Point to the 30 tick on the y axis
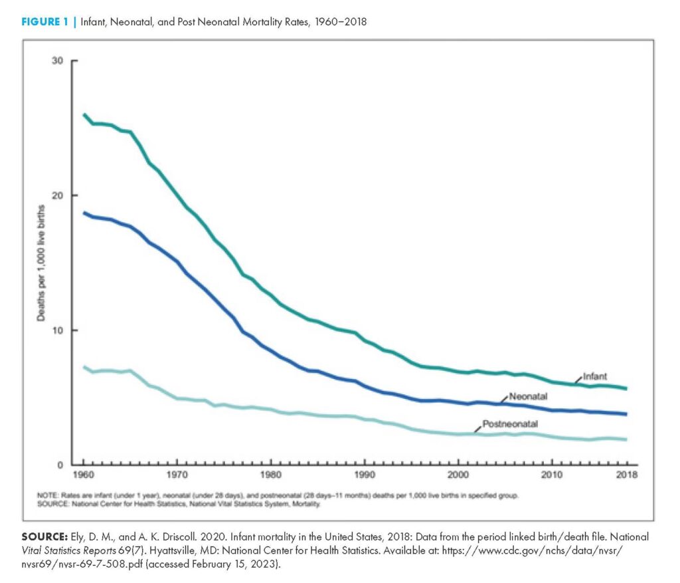point(58,60)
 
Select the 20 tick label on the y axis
point(58,195)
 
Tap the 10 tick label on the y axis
point(58,330)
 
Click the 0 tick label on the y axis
point(60,465)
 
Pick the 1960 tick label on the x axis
point(84,475)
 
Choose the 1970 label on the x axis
point(177,475)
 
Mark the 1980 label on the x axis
point(270,475)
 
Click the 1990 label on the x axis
point(364,475)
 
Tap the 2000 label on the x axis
point(458,475)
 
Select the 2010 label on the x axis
point(551,475)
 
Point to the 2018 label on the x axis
point(626,475)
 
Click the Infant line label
point(595,376)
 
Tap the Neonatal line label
point(528,397)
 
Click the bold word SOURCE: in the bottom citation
point(46,536)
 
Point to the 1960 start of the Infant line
point(84,115)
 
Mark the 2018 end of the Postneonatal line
point(626,439)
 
